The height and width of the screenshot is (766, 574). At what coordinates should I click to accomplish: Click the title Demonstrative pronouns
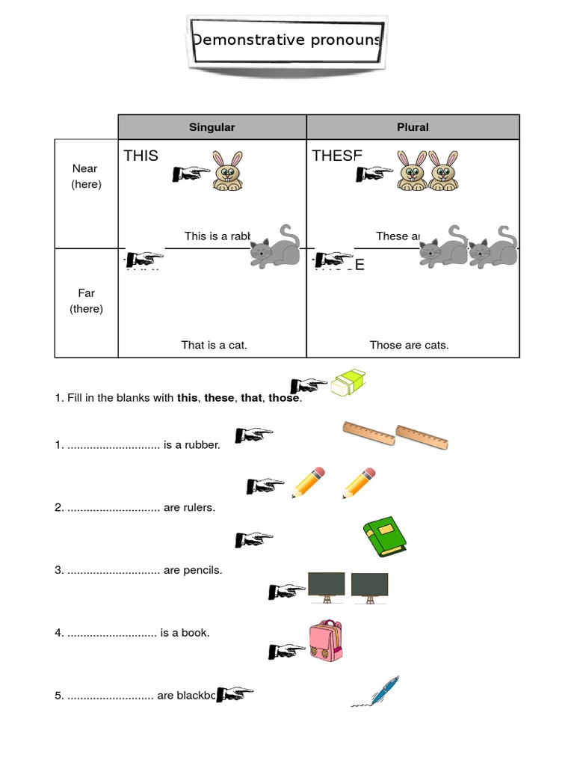287,40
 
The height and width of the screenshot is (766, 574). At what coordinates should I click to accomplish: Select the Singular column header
212,127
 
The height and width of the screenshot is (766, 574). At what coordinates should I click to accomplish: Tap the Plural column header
413,127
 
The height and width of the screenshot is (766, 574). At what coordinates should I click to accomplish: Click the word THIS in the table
141,156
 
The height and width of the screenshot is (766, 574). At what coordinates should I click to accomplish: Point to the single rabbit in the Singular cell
227,171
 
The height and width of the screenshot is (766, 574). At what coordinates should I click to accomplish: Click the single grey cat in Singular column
274,247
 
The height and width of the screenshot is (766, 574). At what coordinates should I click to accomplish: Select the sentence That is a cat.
214,345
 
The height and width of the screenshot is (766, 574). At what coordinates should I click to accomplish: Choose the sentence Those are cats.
409,345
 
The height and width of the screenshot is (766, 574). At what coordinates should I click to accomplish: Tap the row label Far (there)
86,301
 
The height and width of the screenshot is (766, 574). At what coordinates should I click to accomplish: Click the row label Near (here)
86,177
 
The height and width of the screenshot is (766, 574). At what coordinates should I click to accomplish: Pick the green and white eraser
349,384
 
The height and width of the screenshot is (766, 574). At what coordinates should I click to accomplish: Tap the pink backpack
326,643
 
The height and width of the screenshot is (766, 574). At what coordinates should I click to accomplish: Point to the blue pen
377,692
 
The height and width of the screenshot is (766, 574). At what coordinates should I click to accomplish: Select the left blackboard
327,586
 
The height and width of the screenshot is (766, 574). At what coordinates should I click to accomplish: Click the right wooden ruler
422,438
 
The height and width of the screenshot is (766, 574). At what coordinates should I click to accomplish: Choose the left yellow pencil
308,483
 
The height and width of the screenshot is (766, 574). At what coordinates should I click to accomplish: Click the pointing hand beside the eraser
309,385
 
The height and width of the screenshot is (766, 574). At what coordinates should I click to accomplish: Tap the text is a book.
185,633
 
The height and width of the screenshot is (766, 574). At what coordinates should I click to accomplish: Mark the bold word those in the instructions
284,398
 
